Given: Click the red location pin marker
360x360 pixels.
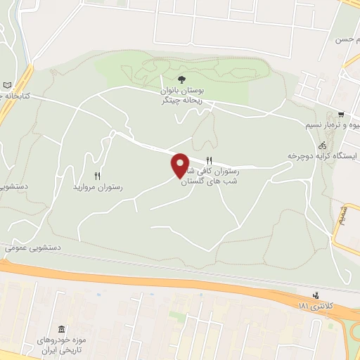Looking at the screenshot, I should (181, 165).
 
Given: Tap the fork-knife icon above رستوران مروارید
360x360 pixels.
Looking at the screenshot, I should (98, 176).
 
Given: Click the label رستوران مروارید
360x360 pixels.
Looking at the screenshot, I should (98, 188).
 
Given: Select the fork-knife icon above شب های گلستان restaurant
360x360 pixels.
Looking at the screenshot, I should (209, 160).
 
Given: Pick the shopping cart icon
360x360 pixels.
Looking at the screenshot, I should (340, 115).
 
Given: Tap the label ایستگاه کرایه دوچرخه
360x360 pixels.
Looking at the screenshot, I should (323, 155).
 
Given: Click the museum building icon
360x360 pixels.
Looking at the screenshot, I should (62, 330).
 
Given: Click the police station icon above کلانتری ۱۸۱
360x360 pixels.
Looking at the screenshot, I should (316, 295).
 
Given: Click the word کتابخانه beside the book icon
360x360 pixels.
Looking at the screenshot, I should (15, 96).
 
